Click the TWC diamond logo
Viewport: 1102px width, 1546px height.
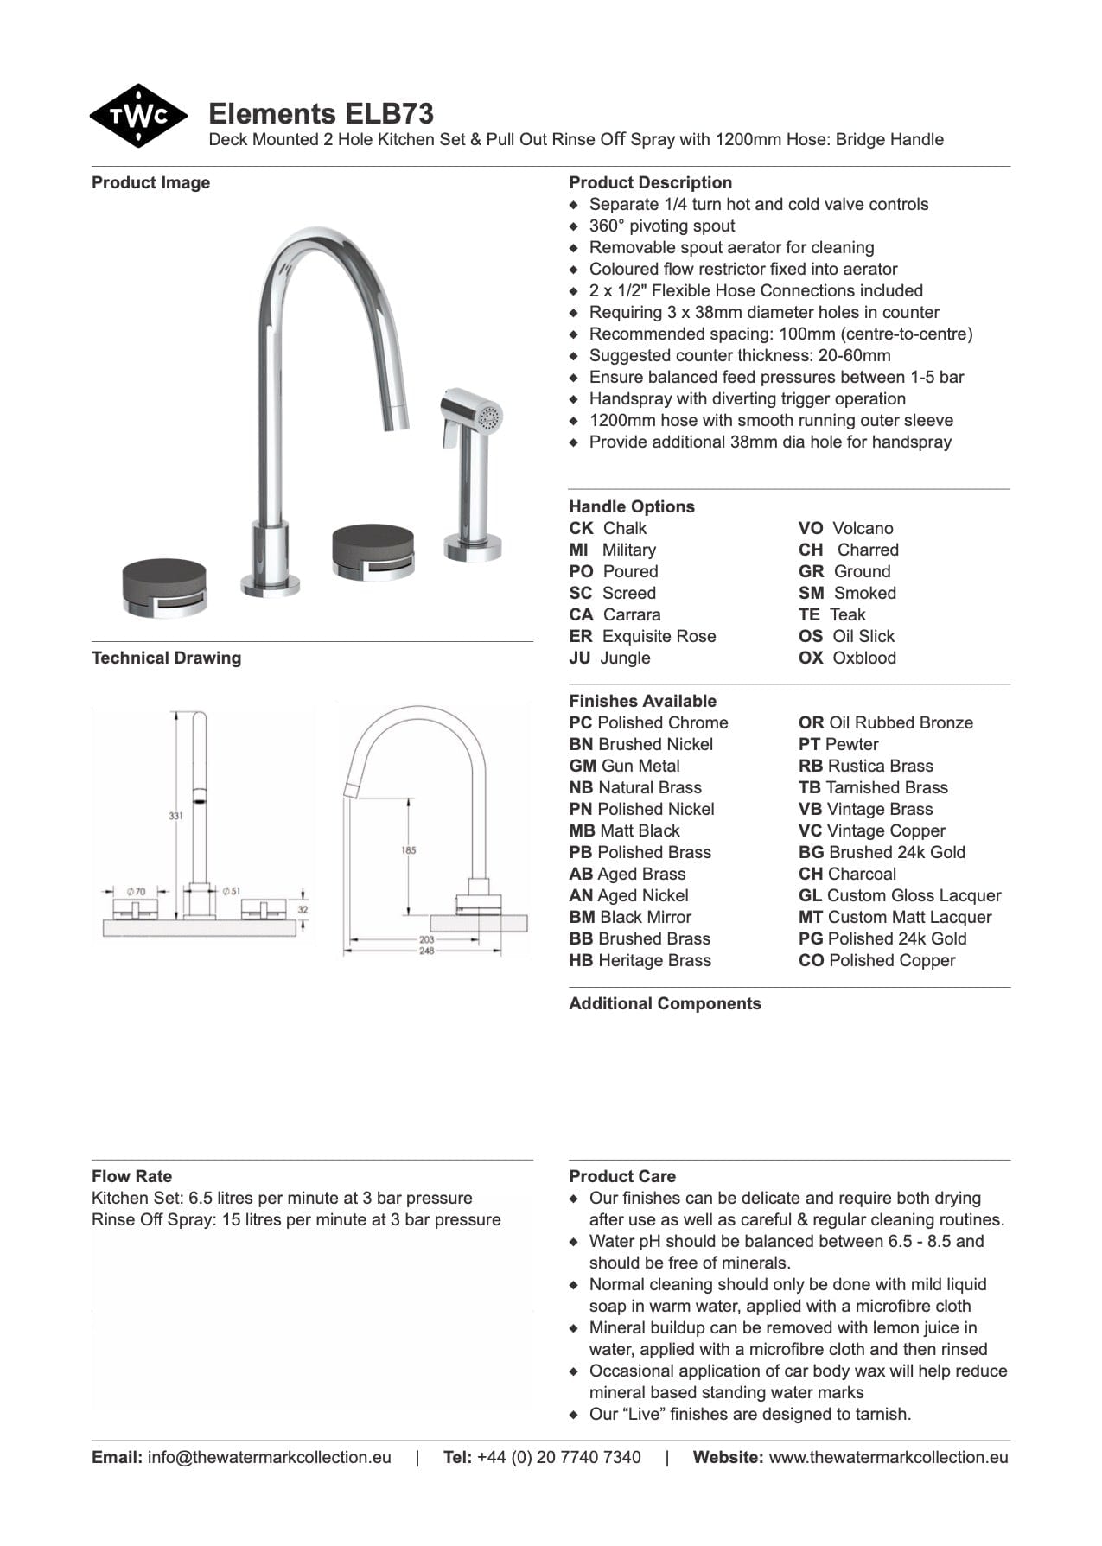[x=138, y=116]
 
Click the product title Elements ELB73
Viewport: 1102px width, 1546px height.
[x=321, y=114]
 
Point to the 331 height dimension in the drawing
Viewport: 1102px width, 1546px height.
[x=175, y=815]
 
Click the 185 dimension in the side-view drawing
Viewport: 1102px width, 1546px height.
[x=409, y=850]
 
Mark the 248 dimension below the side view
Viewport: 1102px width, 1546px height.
[x=427, y=951]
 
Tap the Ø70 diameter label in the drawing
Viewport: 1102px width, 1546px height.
[x=137, y=890]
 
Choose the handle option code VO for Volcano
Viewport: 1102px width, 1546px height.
[x=810, y=528]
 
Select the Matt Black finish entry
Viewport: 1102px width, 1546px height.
[x=638, y=830]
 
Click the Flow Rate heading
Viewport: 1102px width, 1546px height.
[x=131, y=1176]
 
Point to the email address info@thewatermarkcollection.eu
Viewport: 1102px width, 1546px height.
[x=269, y=1457]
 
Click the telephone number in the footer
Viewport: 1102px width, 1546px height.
[x=558, y=1457]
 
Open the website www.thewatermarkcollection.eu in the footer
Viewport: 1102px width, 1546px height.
[x=888, y=1457]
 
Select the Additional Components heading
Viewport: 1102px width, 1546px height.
[x=665, y=1003]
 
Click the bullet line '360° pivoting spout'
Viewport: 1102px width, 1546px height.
[x=662, y=226]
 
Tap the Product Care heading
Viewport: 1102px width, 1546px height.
[x=622, y=1176]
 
